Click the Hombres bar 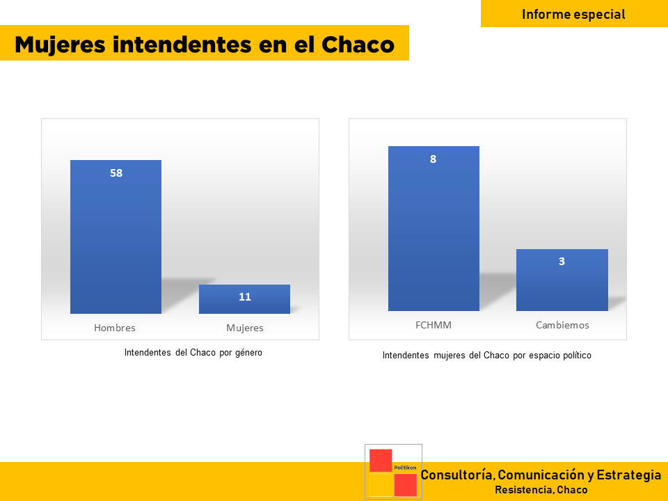coord(116,237)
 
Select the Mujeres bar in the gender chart coord(244,299)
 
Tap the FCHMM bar coord(434,228)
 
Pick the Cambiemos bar coord(562,280)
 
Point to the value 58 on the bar coord(116,173)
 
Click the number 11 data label coord(245,297)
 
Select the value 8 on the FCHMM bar coord(434,159)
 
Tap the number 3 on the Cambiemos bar coord(562,262)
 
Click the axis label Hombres coord(115,328)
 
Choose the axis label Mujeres coord(245,328)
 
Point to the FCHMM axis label coord(434,325)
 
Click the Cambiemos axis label coord(562,325)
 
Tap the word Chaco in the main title coord(358,45)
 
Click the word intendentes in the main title coord(182,45)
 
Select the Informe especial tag coord(574,14)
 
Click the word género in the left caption coord(248,353)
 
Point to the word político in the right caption coord(577,356)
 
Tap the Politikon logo coord(393,472)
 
